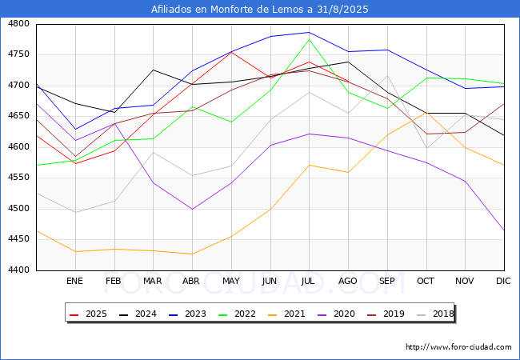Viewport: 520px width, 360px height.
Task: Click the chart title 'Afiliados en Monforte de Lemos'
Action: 260,10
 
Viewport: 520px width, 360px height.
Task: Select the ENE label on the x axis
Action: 74,281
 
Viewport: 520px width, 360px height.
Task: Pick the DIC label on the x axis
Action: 503,281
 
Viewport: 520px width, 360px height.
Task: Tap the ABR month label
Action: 191,281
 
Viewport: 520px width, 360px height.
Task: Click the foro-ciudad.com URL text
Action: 458,347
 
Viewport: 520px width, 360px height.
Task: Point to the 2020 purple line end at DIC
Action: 504,230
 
